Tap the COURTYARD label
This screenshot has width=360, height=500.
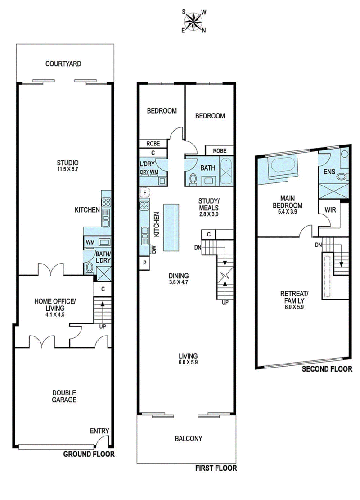[x=63, y=64]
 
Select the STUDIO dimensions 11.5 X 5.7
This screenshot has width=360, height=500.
[x=68, y=170]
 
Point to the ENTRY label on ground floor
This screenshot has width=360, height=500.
[x=99, y=431]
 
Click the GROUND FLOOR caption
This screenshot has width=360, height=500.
[x=88, y=454]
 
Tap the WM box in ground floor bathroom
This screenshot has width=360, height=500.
[x=90, y=242]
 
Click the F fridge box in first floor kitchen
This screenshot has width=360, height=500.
[x=144, y=193]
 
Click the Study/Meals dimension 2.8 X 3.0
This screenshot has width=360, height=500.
[x=208, y=214]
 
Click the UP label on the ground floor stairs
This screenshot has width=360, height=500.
[x=102, y=327]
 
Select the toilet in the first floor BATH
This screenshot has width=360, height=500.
[x=193, y=178]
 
